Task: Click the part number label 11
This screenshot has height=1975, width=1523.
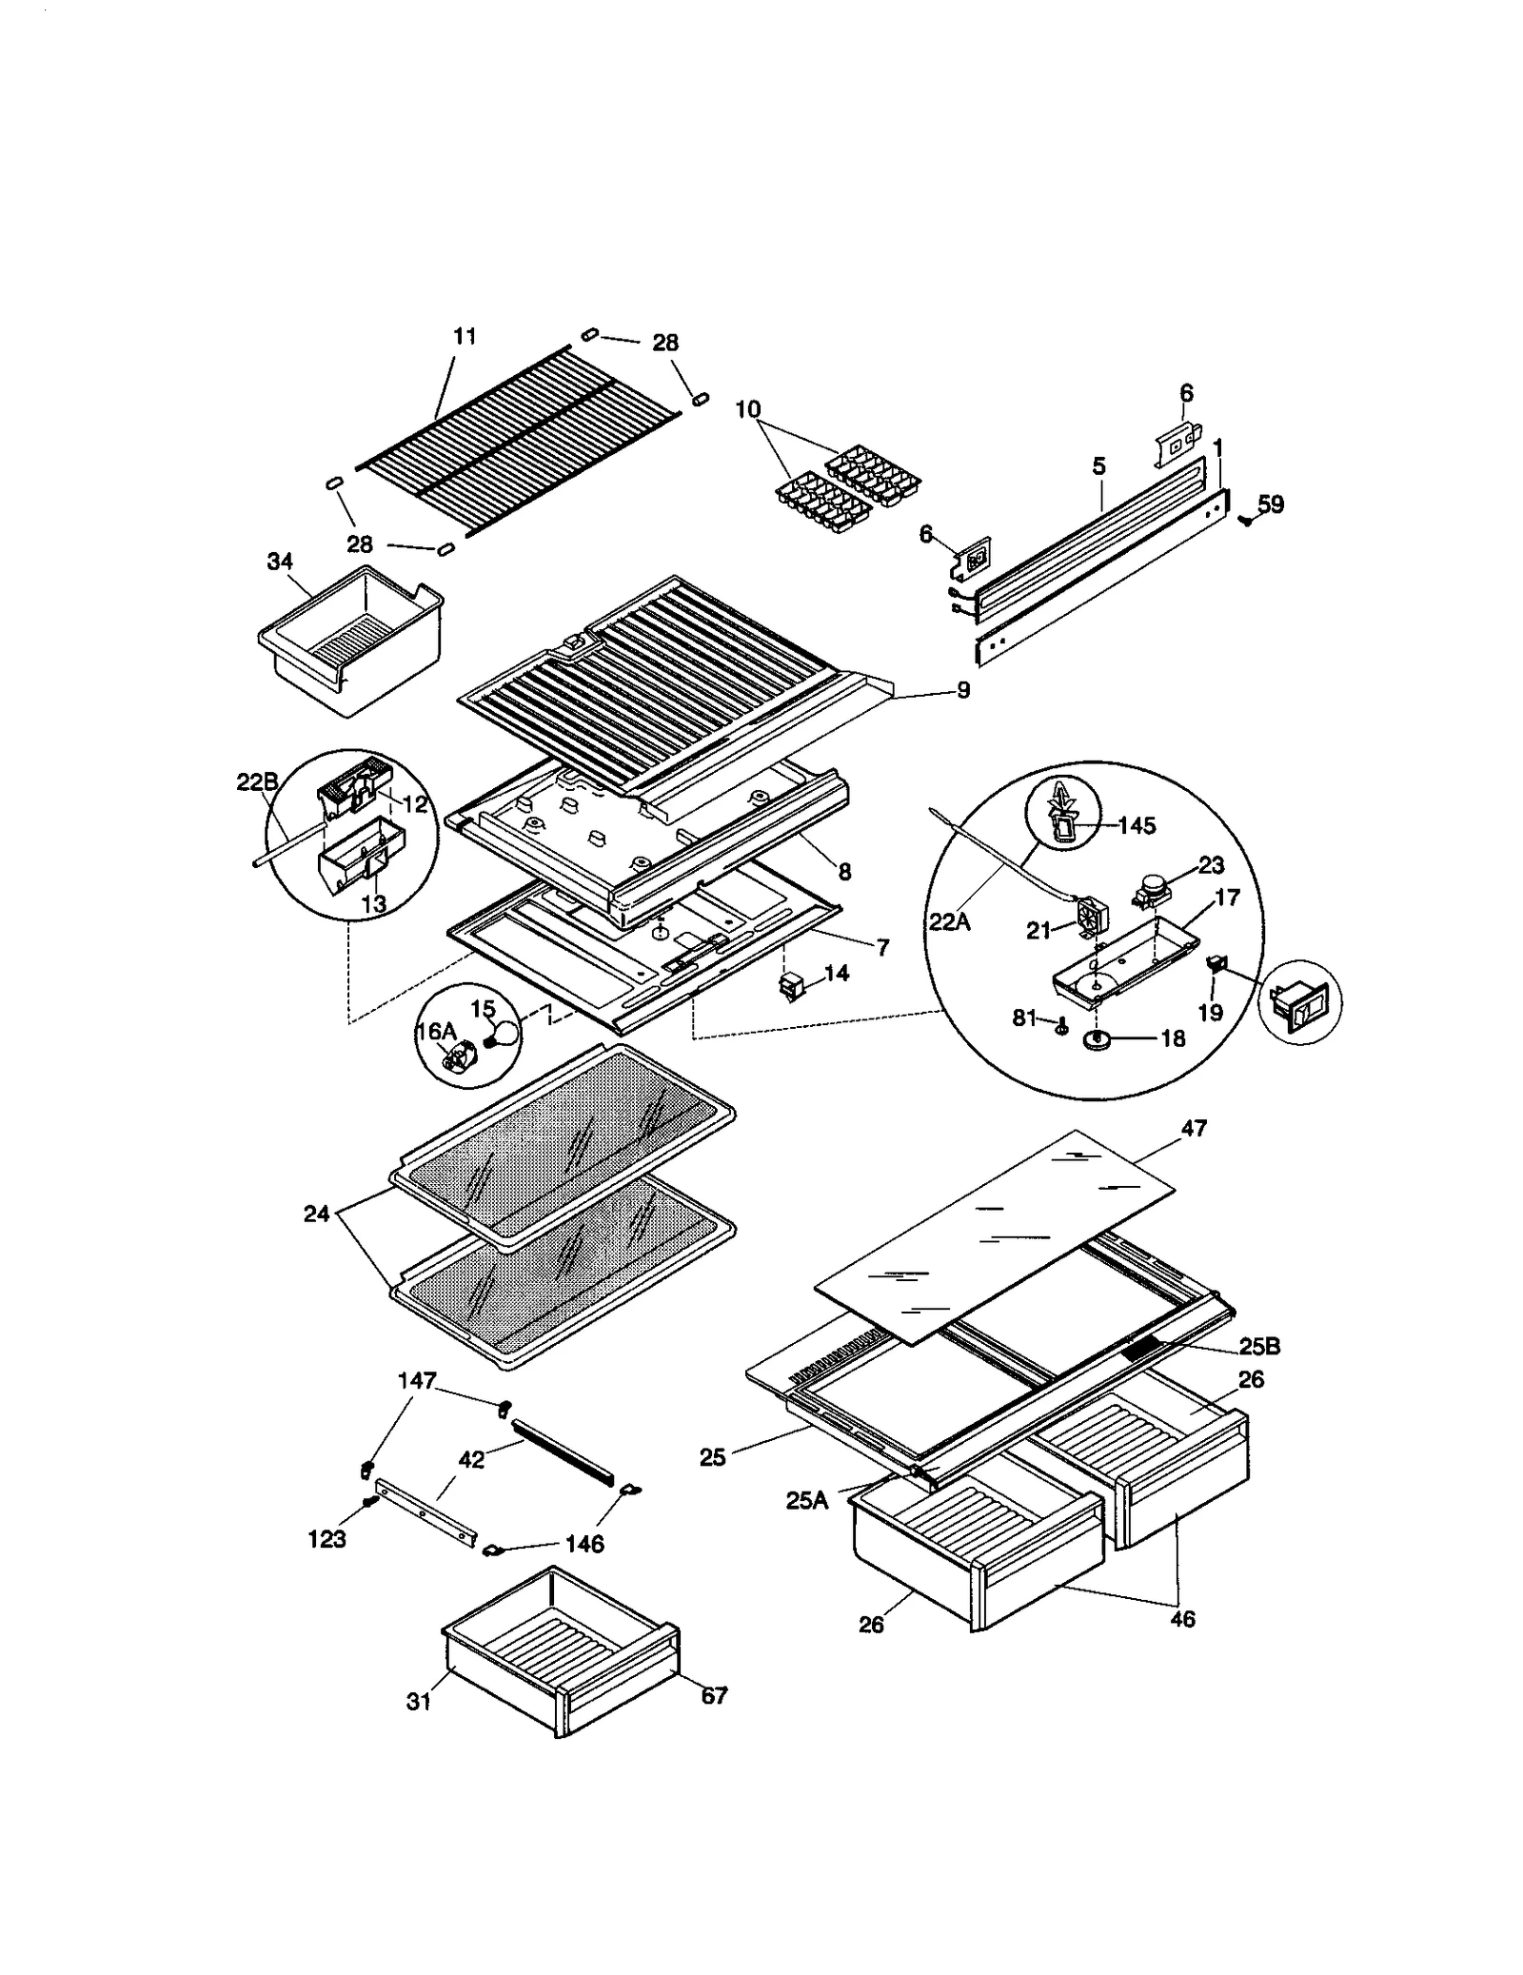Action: pos(465,337)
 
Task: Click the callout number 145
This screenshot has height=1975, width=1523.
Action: pos(1136,825)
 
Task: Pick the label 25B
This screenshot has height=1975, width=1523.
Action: pos(1259,1347)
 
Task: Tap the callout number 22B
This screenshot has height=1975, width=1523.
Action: pos(256,782)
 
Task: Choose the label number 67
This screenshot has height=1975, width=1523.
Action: pos(714,1695)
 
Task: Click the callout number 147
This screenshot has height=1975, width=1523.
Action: pos(417,1380)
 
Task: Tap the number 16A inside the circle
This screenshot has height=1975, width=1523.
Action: pos(437,1031)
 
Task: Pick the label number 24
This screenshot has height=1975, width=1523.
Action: pos(317,1214)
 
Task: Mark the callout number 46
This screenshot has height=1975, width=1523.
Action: pos(1182,1618)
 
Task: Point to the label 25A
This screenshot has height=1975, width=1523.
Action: pos(806,1500)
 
